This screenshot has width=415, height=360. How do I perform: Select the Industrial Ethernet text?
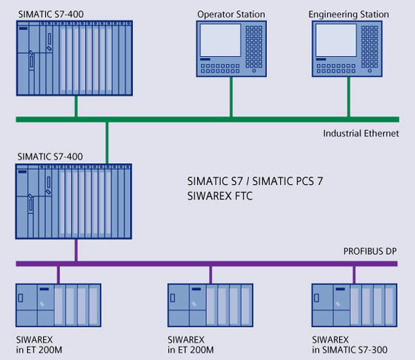(x=360, y=133)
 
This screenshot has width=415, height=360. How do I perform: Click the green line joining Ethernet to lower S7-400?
(x=107, y=142)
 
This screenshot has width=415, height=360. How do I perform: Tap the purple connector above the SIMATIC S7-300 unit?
(x=353, y=273)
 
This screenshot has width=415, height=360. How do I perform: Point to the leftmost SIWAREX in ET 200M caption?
(x=41, y=344)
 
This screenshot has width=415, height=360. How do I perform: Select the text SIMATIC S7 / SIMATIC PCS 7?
(x=255, y=181)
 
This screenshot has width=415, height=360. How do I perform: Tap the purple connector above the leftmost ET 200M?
(x=59, y=273)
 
